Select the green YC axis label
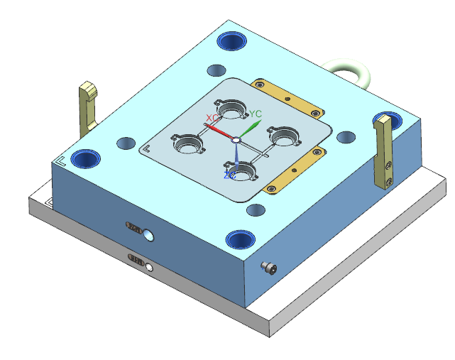click(x=256, y=114)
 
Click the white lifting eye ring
click(x=350, y=71)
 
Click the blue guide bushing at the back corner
click(x=231, y=40)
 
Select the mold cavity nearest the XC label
click(x=231, y=110)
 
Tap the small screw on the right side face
click(x=268, y=268)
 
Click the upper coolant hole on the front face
click(x=148, y=234)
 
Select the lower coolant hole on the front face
click(x=149, y=267)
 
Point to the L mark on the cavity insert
click(x=147, y=149)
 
